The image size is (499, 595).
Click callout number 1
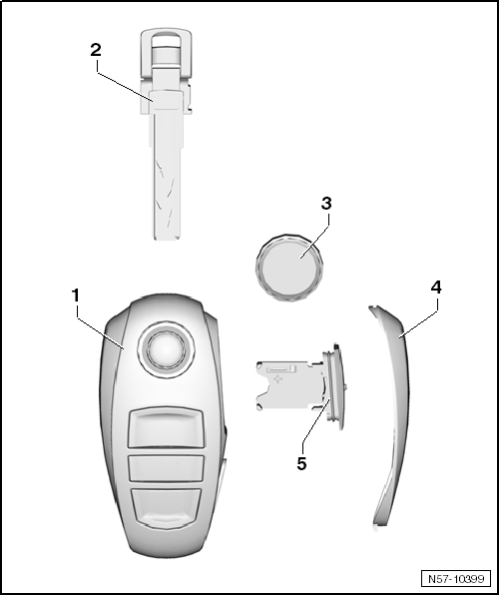coord(76,296)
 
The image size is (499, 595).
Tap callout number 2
coord(96,50)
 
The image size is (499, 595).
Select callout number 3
coord(326,204)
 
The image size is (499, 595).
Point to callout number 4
coord(436,288)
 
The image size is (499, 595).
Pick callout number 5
coord(301,463)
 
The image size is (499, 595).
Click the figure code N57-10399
coord(456,579)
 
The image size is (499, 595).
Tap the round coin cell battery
coord(289,268)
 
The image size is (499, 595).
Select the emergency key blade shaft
coord(167,175)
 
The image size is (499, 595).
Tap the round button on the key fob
coord(166,348)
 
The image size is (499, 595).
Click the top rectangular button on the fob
coord(166,427)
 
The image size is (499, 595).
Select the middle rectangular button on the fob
coord(166,469)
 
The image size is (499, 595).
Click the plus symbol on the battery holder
coord(278,378)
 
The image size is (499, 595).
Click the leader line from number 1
coord(101,327)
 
